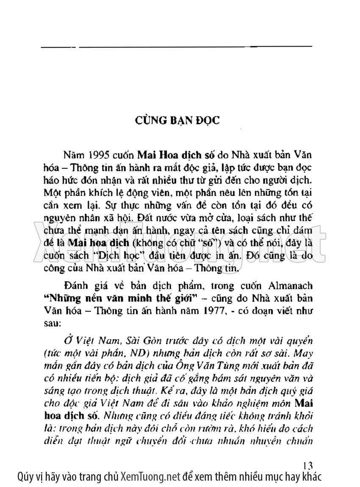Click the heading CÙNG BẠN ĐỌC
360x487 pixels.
tap(177, 121)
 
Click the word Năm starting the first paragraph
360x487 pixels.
tap(70, 153)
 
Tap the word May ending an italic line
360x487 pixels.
tap(304, 353)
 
